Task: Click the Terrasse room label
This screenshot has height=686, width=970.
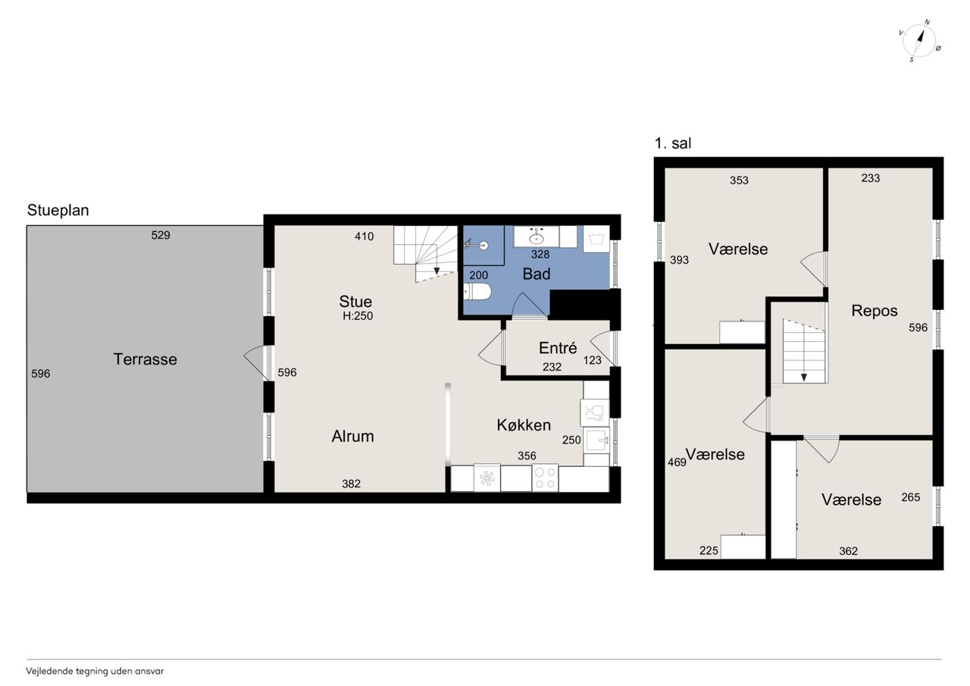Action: tap(145, 359)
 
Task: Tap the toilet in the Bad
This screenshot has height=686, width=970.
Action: tap(477, 292)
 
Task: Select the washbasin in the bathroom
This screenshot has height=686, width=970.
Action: tap(537, 236)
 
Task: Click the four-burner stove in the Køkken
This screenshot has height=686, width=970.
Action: tap(545, 478)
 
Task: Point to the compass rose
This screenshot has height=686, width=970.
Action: tap(919, 41)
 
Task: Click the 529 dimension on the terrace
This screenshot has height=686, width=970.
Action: tap(160, 235)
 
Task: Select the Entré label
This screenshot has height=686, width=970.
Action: tap(558, 348)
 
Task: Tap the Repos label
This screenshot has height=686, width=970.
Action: tap(875, 311)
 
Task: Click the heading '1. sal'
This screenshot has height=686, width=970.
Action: tap(672, 143)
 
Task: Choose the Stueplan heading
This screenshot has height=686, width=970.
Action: tap(58, 210)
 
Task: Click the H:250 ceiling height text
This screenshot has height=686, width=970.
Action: tap(358, 316)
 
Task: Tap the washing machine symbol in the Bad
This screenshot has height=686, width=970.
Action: tap(596, 239)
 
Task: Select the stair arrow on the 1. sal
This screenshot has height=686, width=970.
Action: tap(804, 371)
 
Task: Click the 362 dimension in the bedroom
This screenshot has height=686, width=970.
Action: tap(848, 551)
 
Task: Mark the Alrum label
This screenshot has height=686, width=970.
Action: tap(353, 436)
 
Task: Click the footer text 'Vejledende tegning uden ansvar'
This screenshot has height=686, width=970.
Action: tap(95, 672)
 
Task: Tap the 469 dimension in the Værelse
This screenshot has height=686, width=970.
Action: tap(677, 462)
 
